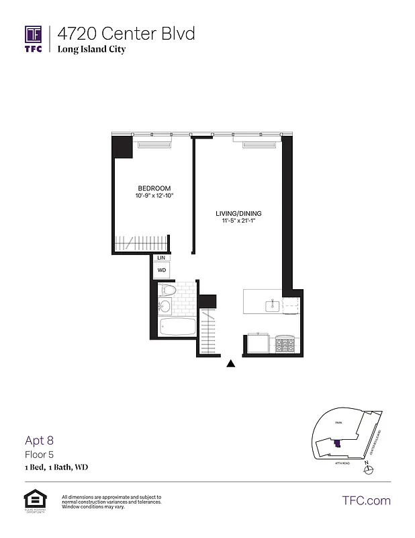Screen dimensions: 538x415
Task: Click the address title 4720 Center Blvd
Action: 126,33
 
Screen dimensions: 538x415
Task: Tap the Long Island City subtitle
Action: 91,49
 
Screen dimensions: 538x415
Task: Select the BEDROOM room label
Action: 154,188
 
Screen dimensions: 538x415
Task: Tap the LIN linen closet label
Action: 161,258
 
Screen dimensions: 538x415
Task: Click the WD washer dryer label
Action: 161,270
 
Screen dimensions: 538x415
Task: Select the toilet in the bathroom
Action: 168,291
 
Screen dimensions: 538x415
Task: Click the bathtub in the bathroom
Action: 178,328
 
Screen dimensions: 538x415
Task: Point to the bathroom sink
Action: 165,307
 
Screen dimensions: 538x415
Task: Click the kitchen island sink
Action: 272,306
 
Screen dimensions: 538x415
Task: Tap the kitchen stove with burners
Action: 285,344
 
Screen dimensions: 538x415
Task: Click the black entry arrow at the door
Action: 230,364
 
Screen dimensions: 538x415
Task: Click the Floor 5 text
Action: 38,454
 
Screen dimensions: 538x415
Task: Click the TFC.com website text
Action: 366,500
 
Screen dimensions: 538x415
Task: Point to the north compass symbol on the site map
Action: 366,470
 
